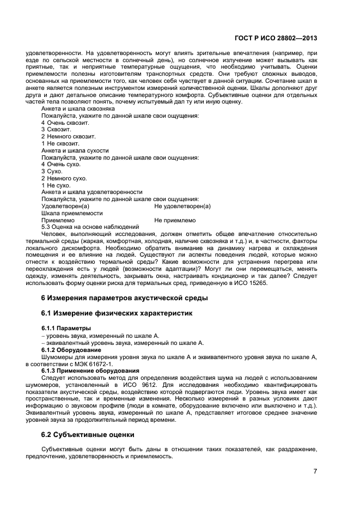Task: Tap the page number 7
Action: [x=315, y=471]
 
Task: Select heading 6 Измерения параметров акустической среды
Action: [x=125, y=297]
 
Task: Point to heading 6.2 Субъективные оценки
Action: [x=88, y=435]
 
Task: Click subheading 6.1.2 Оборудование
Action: [x=70, y=350]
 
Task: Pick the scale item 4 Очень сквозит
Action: [x=65, y=123]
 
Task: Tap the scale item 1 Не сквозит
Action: [x=60, y=143]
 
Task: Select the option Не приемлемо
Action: [x=174, y=220]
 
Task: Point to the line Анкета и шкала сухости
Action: [x=75, y=150]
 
